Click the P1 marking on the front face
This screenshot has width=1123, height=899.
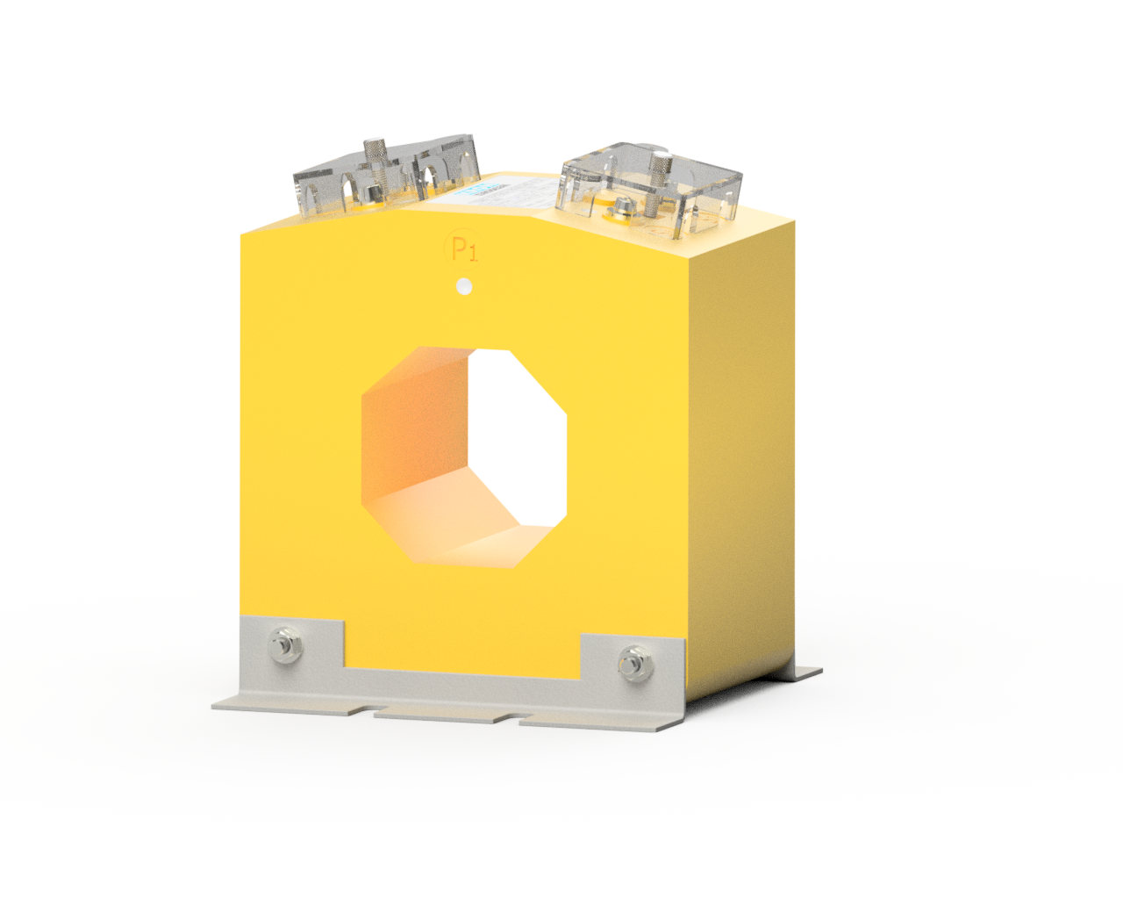[462, 249]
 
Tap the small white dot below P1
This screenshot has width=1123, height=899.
[465, 287]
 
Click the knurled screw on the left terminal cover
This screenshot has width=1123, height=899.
[375, 158]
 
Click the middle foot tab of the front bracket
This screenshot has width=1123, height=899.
[443, 714]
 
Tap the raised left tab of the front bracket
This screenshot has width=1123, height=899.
[294, 645]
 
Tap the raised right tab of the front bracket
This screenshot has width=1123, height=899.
[632, 658]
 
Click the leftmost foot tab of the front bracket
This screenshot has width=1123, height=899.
[290, 702]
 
